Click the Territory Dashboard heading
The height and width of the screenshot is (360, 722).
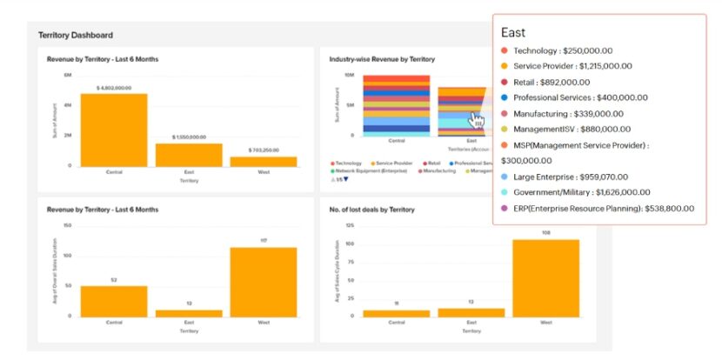coord(76,36)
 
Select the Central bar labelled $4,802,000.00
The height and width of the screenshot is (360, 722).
coord(114,130)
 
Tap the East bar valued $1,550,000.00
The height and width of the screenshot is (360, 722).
coord(189,154)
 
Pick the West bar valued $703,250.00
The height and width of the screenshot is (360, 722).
coord(264,161)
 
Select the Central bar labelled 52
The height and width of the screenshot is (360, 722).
coord(114,301)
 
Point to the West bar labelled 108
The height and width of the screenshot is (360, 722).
coord(545,277)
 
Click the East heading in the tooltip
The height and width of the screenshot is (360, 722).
coord(513,32)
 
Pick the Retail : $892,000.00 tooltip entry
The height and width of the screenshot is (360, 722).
coord(556,82)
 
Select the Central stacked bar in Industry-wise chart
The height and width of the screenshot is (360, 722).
coord(396,105)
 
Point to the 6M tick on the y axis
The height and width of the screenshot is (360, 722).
coord(68,76)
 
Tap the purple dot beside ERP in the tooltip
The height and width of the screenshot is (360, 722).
coord(505,208)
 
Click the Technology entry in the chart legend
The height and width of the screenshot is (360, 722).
coord(349,163)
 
